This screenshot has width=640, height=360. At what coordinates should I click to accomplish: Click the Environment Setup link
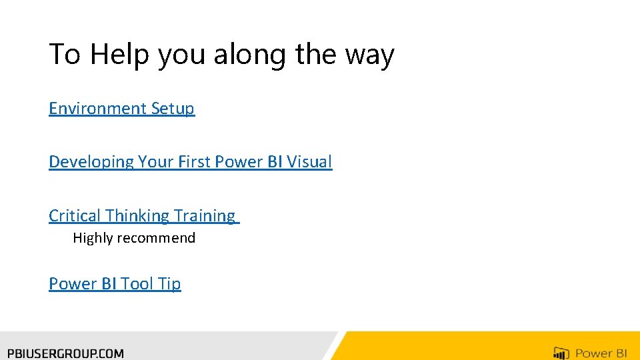coord(121,109)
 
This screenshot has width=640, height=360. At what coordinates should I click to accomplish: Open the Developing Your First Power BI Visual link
coord(190,162)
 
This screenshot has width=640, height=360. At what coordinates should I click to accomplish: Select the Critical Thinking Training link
coord(142,216)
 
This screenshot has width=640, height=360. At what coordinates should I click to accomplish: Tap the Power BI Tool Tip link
coord(115,284)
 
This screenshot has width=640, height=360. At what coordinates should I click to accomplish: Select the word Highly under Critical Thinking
coord(93,238)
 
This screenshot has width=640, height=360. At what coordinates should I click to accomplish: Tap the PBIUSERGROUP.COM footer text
coord(65,353)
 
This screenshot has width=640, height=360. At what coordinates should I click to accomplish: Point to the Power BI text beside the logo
coord(602,353)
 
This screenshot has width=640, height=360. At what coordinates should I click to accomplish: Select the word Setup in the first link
coord(173,109)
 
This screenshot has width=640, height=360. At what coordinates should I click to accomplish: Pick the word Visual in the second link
coord(309,162)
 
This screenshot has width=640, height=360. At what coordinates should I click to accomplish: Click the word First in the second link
coord(193,162)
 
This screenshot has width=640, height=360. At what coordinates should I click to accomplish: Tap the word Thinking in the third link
coord(137,216)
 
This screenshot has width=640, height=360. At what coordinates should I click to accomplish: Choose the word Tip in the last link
coord(169,284)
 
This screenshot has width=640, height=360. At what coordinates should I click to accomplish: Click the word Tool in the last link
coord(137,284)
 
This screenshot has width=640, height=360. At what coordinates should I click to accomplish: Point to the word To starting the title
coord(65,55)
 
